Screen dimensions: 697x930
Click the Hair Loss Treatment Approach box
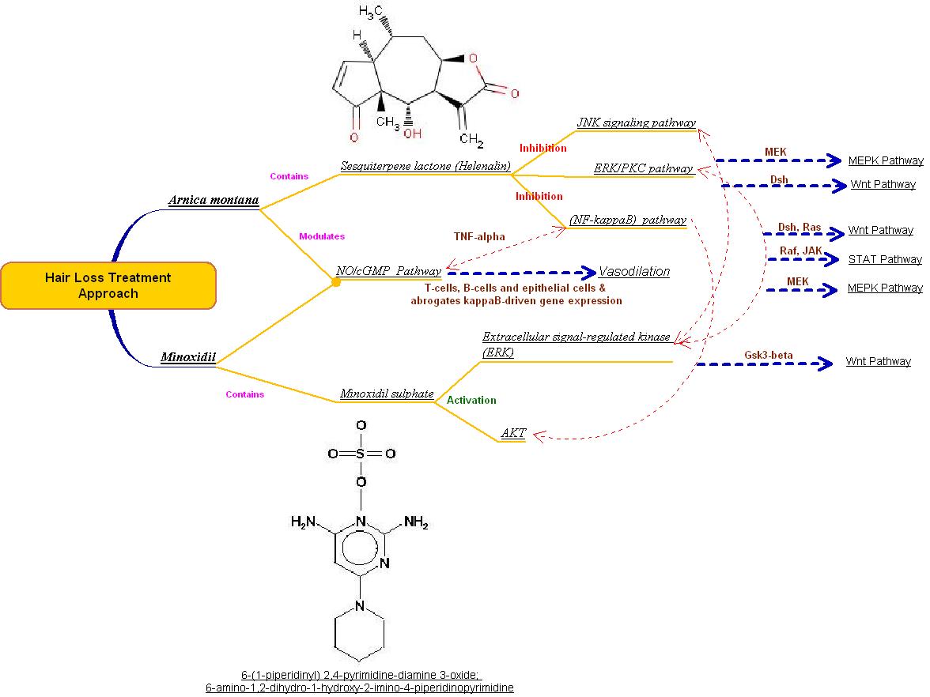(x=108, y=285)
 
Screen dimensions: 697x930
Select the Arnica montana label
(x=214, y=200)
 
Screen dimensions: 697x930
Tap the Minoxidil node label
(x=187, y=357)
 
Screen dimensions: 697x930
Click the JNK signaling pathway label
(x=636, y=122)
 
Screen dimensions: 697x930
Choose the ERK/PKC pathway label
(x=643, y=168)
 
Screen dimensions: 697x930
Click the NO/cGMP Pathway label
(x=388, y=271)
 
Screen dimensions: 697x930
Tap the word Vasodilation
(x=634, y=271)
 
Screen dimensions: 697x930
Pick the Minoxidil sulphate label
(x=387, y=393)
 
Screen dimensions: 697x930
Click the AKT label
(x=513, y=433)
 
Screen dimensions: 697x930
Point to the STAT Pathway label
(x=885, y=259)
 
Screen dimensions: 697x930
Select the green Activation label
(x=471, y=400)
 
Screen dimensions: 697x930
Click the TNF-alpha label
(x=479, y=236)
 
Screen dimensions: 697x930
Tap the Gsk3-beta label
(x=768, y=355)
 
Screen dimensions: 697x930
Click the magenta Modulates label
(x=321, y=235)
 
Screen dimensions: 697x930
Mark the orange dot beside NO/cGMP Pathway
(x=335, y=281)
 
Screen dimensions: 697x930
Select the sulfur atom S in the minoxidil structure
(x=361, y=454)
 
